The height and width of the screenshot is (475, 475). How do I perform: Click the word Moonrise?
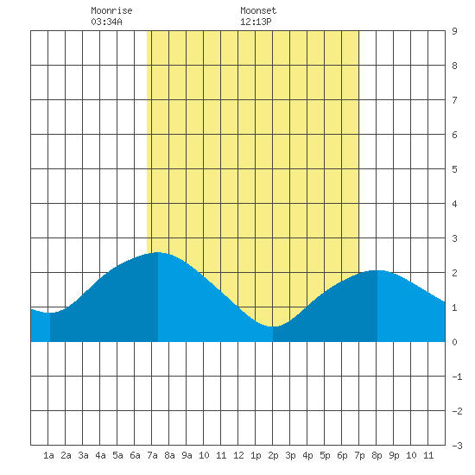[x=111, y=10]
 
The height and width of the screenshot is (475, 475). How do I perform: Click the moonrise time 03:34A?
[x=106, y=22]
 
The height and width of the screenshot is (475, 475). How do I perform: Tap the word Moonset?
[x=258, y=10]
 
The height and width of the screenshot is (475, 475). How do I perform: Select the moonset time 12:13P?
[x=256, y=22]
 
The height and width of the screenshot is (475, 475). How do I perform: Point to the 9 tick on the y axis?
[x=454, y=31]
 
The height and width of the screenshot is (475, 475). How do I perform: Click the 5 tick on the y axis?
[x=454, y=169]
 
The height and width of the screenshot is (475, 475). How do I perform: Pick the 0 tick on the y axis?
[x=454, y=342]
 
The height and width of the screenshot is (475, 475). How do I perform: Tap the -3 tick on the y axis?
[x=457, y=446]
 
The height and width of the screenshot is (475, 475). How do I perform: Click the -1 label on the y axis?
[x=457, y=377]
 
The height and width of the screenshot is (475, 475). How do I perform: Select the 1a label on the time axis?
[x=48, y=455]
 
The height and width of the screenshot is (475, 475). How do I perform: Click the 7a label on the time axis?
[x=152, y=455]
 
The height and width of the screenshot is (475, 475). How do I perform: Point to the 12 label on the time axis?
[x=238, y=455]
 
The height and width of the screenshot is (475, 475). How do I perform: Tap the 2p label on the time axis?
[x=273, y=455]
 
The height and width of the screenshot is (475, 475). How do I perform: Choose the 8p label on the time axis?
[x=377, y=455]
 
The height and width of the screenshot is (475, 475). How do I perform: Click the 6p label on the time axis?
[x=342, y=455]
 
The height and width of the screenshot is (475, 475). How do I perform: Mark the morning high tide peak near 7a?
[x=157, y=252]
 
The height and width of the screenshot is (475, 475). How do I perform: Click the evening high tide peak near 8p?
[x=377, y=270]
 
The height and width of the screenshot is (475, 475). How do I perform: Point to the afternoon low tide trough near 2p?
[x=273, y=326]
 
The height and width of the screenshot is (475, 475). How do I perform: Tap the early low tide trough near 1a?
[x=50, y=313]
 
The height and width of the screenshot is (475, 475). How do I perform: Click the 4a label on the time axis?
[x=100, y=455]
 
